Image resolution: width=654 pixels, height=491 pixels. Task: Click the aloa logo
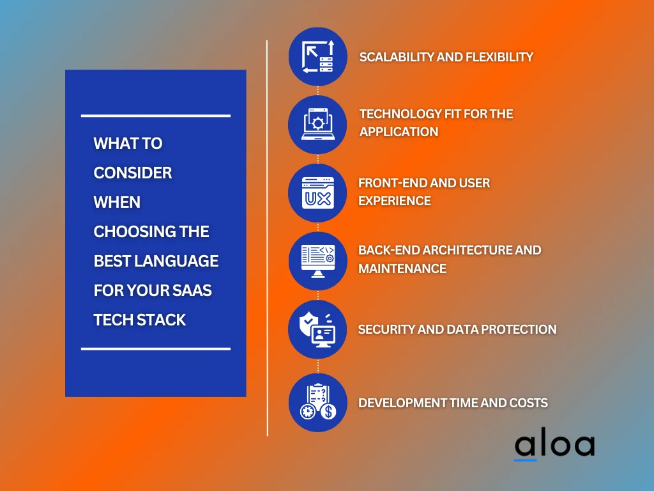coord(555,446)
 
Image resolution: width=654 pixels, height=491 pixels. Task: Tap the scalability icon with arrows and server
coord(318,57)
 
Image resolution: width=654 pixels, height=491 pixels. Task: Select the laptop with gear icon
coord(318,124)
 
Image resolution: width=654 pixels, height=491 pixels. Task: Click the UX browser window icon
coord(318,193)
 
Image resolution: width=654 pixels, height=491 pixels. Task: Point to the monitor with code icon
coord(318,261)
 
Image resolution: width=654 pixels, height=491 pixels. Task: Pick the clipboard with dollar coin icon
coord(318,401)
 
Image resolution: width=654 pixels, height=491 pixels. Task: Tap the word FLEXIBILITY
coord(499,57)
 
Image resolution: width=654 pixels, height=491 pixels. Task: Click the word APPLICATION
coord(399,132)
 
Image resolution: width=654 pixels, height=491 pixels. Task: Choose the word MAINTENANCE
coord(402,269)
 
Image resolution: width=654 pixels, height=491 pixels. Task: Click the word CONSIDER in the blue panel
coord(133,173)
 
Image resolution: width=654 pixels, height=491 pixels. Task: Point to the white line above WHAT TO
coord(156,116)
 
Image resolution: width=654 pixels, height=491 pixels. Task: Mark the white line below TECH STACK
coord(156,348)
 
